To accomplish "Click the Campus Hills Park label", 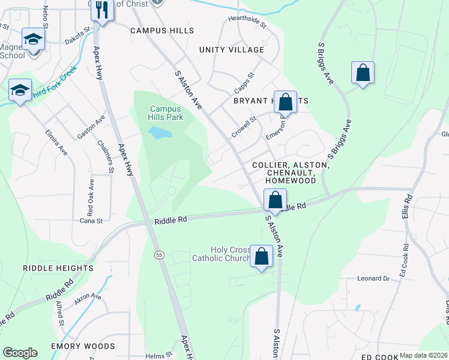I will tap(166, 113).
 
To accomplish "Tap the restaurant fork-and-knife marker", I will tap(103, 10).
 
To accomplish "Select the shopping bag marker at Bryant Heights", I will tap(286, 101).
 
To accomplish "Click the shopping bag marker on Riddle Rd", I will tap(275, 200).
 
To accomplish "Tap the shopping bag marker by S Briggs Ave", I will tap(363, 73).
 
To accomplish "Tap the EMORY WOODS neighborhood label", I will tap(83, 346).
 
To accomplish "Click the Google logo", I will tap(20, 353).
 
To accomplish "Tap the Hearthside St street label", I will tap(246, 20).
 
